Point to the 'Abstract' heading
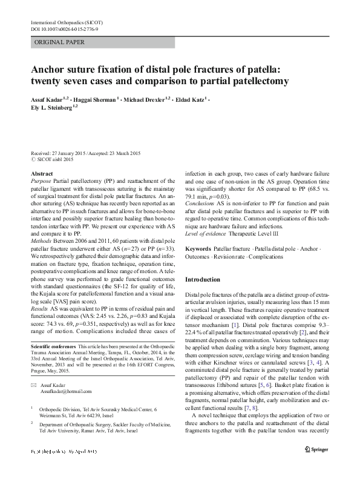(41, 174)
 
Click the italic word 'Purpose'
(41, 181)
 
